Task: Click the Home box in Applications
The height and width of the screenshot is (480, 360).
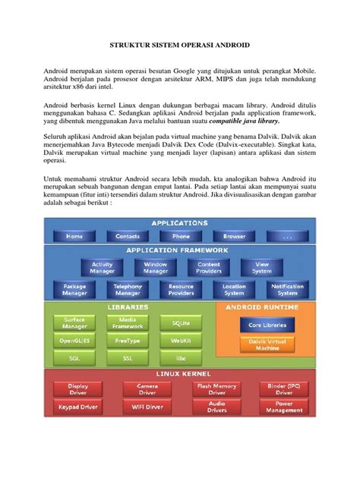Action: (74, 236)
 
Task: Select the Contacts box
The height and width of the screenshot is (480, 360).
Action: (128, 236)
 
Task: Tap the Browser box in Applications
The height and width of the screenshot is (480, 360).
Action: (235, 236)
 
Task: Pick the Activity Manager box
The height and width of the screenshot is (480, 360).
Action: (102, 267)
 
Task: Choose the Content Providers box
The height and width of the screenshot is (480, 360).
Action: (209, 267)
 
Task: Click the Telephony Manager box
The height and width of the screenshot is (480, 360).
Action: (128, 289)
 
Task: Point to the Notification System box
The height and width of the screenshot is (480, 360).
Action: (287, 289)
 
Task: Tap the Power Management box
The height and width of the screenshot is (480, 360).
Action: (284, 408)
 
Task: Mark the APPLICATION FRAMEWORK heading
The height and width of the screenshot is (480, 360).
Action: (176, 251)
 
